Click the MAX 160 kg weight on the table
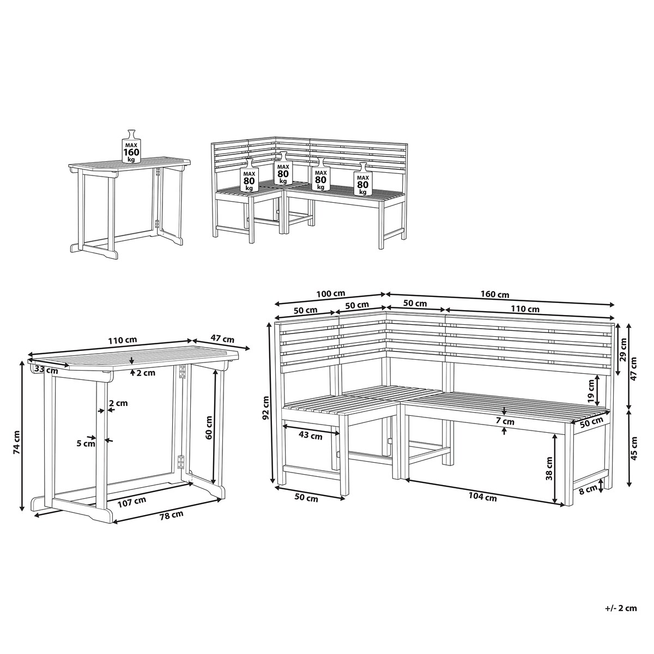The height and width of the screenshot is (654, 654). click(x=131, y=146)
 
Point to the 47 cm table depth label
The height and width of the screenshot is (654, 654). click(x=223, y=338)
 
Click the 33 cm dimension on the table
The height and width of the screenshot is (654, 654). click(x=46, y=370)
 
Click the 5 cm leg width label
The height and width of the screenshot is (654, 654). click(x=86, y=443)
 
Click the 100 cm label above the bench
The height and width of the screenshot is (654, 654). click(x=331, y=294)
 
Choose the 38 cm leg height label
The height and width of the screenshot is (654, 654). click(x=549, y=468)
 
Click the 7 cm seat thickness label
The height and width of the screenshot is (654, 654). click(x=504, y=422)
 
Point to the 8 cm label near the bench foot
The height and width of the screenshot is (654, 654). click(x=588, y=489)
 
